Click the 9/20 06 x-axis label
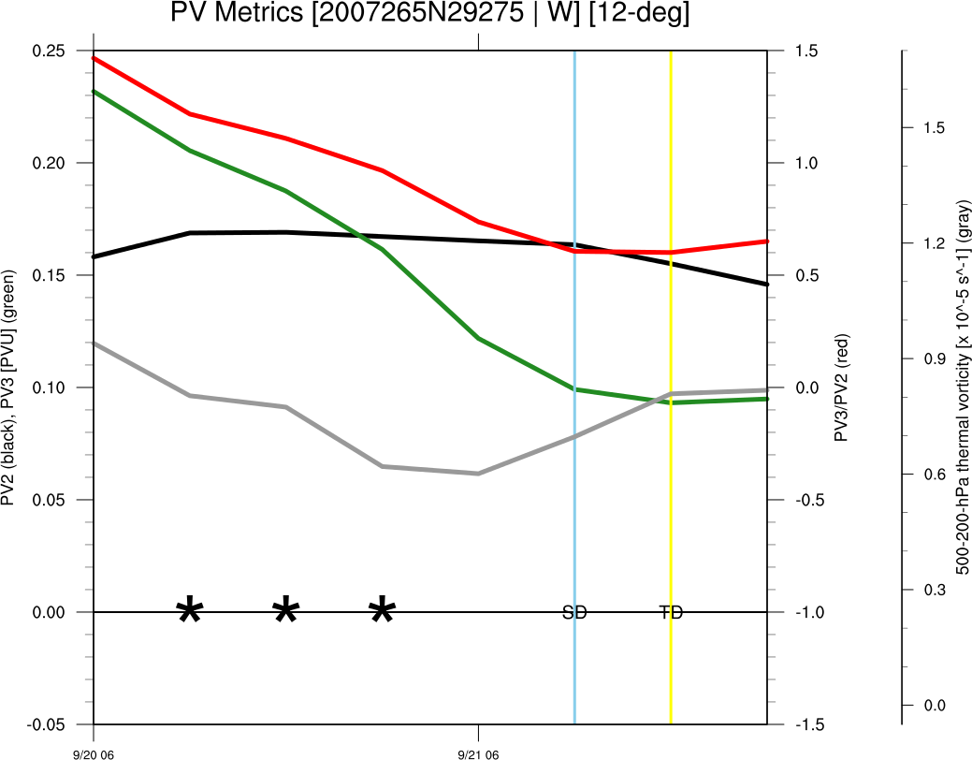[x=94, y=753]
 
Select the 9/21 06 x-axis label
[x=479, y=753]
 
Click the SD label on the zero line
[x=574, y=613]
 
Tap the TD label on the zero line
[x=671, y=613]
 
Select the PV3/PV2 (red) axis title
[x=842, y=387]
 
